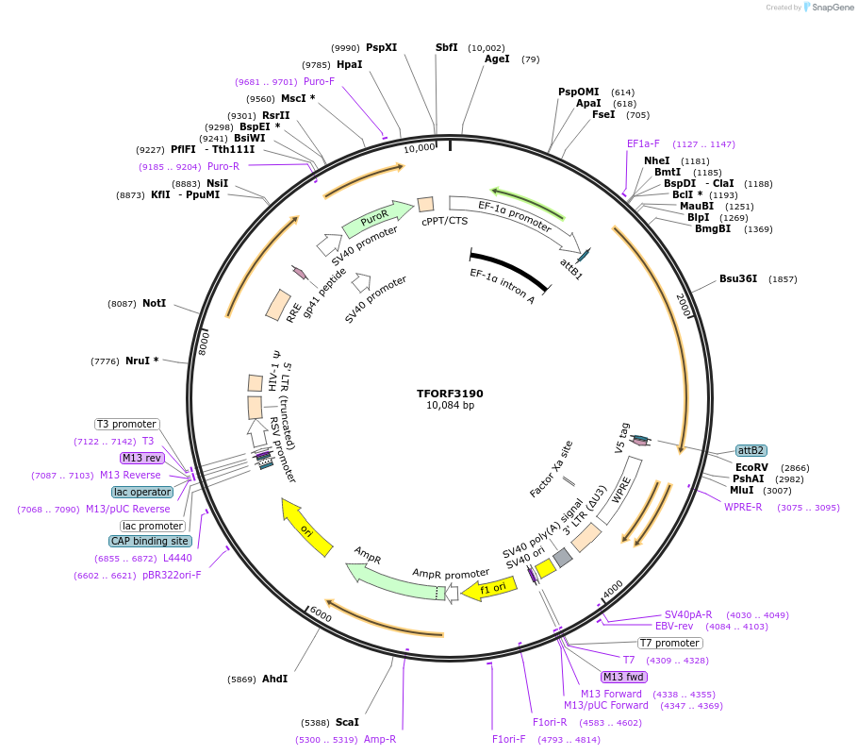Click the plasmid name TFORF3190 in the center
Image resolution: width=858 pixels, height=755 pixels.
[x=450, y=394]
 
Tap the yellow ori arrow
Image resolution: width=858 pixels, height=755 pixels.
[x=307, y=528]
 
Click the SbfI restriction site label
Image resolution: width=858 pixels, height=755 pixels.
[x=446, y=47]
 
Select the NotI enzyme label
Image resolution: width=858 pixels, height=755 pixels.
[x=154, y=303]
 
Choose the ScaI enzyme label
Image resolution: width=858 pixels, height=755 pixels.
[x=347, y=722]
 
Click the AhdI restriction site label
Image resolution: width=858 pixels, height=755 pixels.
[x=274, y=679]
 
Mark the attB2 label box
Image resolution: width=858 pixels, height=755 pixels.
[x=751, y=450]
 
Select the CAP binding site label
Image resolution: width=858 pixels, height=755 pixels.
[x=150, y=541]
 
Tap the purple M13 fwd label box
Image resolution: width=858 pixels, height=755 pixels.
[x=624, y=677]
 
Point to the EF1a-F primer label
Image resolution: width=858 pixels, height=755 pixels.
[x=643, y=143]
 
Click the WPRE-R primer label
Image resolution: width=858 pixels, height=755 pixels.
[x=743, y=507]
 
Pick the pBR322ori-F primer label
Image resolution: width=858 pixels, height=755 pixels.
[x=172, y=575]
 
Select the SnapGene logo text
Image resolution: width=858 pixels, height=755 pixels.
[x=833, y=8]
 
